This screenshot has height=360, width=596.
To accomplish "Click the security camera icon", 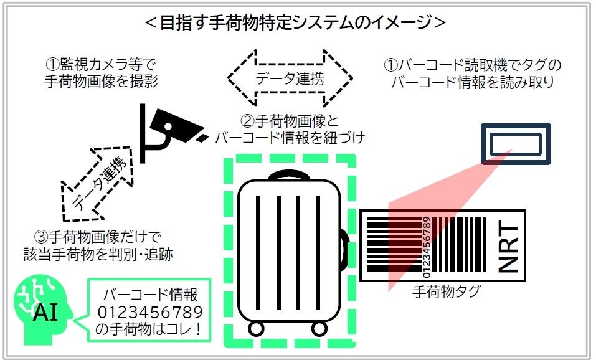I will click(169, 131).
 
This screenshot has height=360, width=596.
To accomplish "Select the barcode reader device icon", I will click(514, 144).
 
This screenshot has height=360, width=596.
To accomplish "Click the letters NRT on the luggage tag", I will click(508, 247).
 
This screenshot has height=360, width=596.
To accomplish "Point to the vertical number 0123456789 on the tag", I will click(426, 247).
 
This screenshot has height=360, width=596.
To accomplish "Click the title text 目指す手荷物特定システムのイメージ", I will click(296, 22).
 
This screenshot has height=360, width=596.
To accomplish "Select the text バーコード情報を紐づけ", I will click(289, 137).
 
